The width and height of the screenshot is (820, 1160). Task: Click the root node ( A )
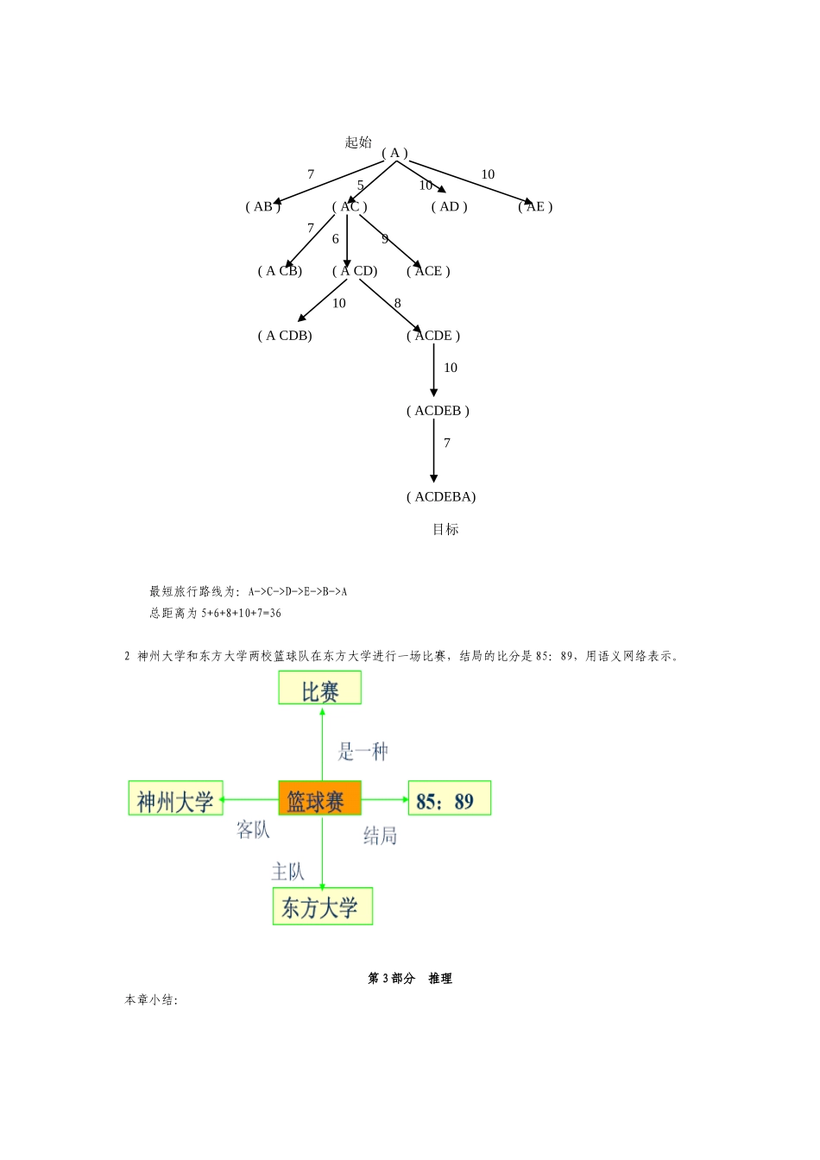(394, 154)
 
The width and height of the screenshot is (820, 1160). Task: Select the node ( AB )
(262, 206)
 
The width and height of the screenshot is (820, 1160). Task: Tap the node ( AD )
(449, 206)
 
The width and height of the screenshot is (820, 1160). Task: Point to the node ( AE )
(535, 206)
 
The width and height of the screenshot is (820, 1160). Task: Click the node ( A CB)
(280, 271)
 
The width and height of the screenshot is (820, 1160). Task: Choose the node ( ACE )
(428, 271)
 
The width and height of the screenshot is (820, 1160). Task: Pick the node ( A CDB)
(285, 336)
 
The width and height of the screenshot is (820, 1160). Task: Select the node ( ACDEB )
(438, 411)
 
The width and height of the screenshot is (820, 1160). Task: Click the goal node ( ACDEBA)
(441, 497)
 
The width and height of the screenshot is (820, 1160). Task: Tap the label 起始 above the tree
(358, 142)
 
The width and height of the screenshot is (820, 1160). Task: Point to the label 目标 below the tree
(445, 530)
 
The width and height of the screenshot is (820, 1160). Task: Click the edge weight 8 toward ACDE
(397, 303)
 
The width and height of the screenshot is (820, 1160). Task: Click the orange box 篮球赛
(319, 798)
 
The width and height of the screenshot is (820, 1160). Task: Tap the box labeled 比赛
(319, 689)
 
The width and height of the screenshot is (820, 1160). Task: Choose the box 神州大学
(176, 798)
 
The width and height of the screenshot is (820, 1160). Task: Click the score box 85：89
(449, 798)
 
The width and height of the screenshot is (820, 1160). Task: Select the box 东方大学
(323, 906)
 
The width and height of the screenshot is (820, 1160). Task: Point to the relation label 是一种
(363, 751)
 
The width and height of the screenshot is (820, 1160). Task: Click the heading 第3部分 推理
(410, 978)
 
